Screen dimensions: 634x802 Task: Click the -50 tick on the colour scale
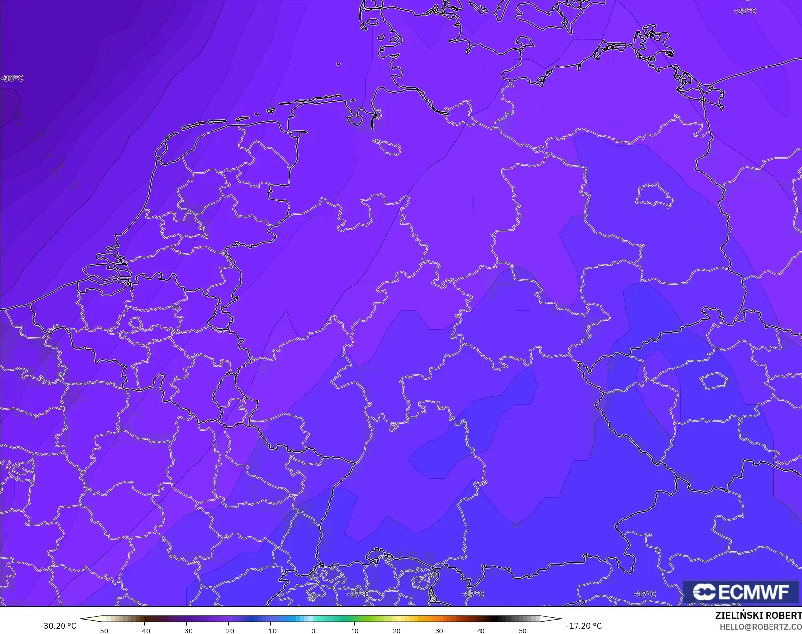pyautogui.click(x=102, y=631)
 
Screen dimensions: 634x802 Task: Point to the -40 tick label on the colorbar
pyautogui.click(x=144, y=631)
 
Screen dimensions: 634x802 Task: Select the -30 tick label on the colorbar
pyautogui.click(x=186, y=631)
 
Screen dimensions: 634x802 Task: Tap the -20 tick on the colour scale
pyautogui.click(x=228, y=631)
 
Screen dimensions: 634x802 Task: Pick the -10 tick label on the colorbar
pyautogui.click(x=270, y=631)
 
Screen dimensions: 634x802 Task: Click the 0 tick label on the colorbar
pyautogui.click(x=313, y=631)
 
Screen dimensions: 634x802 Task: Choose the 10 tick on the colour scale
pyautogui.click(x=355, y=631)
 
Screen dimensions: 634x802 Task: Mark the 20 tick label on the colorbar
pyautogui.click(x=397, y=631)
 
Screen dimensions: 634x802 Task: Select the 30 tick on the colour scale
pyautogui.click(x=439, y=631)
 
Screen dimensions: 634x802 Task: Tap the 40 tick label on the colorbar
pyautogui.click(x=481, y=631)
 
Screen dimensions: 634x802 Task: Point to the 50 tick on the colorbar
pyautogui.click(x=523, y=631)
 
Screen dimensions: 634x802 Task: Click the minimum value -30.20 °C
pyautogui.click(x=58, y=626)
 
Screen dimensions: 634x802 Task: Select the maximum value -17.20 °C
pyautogui.click(x=583, y=626)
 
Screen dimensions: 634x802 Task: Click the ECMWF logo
pyautogui.click(x=740, y=592)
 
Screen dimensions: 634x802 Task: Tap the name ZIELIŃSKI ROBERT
pyautogui.click(x=758, y=616)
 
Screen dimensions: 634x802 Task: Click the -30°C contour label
pyautogui.click(x=12, y=78)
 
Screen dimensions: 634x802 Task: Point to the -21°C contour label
pyautogui.click(x=745, y=11)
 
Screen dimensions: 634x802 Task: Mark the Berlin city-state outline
pyautogui.click(x=654, y=196)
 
